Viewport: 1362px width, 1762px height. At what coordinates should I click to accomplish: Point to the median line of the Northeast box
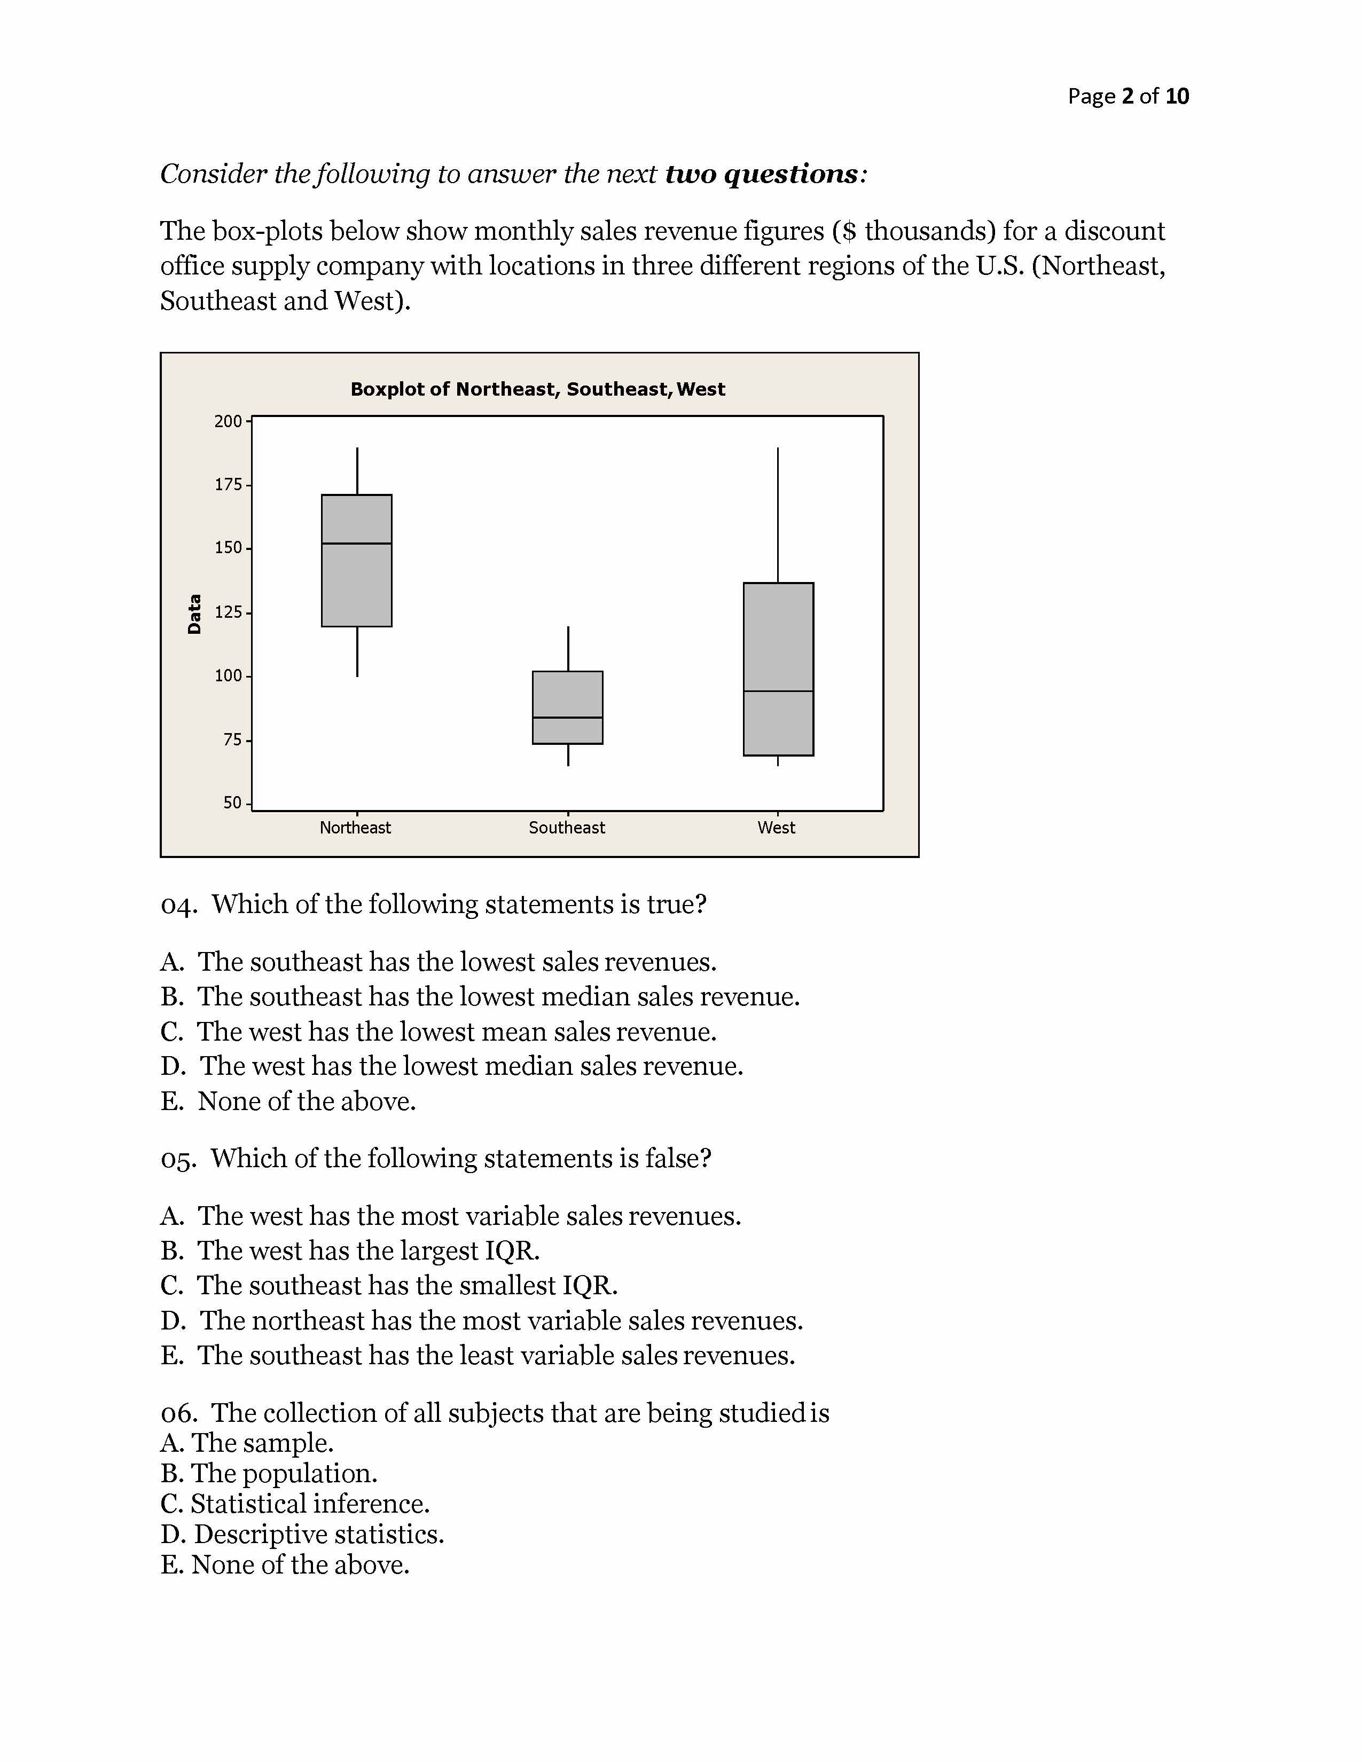click(x=357, y=544)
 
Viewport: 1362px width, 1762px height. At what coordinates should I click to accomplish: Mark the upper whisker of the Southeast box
click(x=568, y=648)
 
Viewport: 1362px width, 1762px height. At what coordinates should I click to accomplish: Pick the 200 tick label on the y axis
click(x=228, y=421)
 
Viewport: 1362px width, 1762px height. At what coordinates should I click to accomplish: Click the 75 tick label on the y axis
click(x=232, y=740)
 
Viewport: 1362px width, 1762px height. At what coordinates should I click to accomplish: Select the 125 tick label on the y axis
click(x=228, y=612)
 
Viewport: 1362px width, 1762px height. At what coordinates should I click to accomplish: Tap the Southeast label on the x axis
click(x=566, y=828)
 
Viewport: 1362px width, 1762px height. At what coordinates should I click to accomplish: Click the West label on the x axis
click(x=776, y=828)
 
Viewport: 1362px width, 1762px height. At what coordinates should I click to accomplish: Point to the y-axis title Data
click(x=194, y=614)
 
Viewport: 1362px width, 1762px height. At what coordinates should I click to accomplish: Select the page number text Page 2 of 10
click(x=1128, y=97)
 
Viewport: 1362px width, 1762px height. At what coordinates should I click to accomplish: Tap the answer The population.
click(x=269, y=1473)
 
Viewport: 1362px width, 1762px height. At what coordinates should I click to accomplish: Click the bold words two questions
click(x=762, y=174)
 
